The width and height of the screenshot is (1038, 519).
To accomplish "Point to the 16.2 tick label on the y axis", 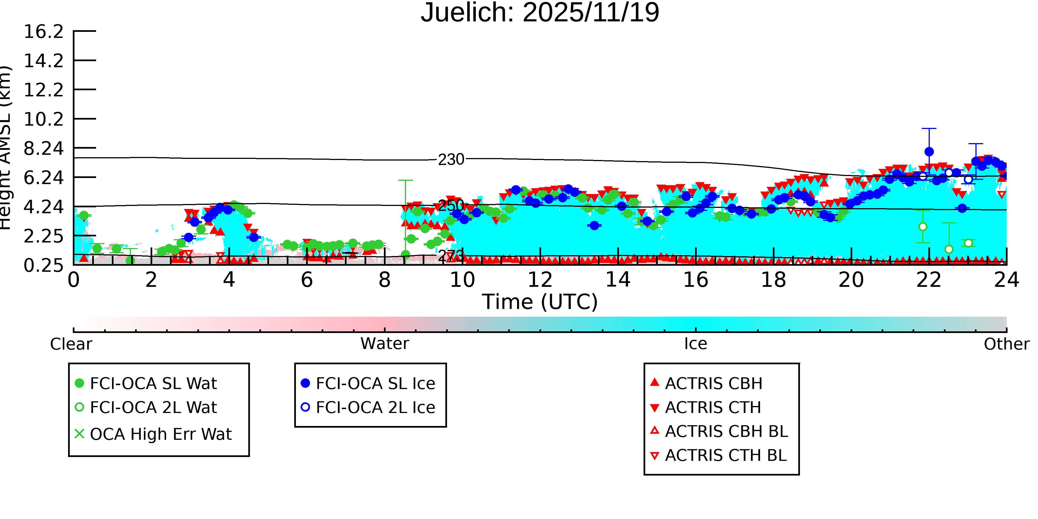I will point(43,32).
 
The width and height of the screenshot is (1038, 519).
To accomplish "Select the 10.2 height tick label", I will point(43,119).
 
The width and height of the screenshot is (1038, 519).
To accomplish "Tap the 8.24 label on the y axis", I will point(43,149).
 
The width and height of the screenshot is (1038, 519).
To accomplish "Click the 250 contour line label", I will point(451,205).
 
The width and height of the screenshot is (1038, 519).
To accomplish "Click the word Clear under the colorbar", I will point(71,344).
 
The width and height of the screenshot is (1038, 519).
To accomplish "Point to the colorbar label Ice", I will point(696,344).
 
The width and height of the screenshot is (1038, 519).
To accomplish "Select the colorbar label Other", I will point(1006,344).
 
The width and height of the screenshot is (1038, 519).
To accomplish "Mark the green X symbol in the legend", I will point(79,434).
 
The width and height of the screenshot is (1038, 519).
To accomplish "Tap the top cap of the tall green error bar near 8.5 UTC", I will point(405,180).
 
